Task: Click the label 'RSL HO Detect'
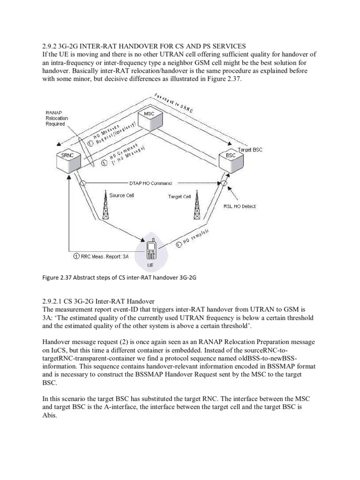[240, 206]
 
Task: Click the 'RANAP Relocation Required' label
[57, 118]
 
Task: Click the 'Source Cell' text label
[122, 195]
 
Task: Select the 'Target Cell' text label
[180, 196]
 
